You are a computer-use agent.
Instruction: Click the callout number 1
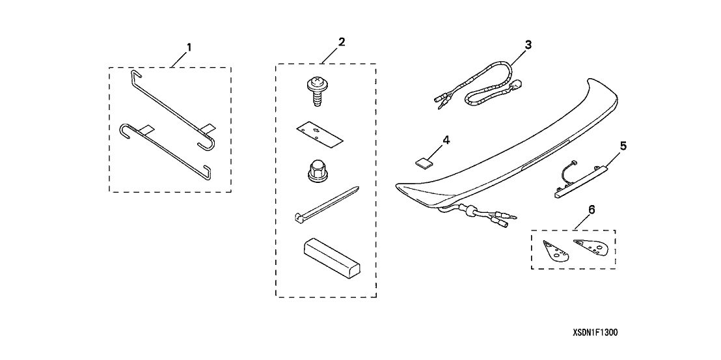pyautogui.click(x=189, y=48)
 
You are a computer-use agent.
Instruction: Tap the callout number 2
pyautogui.click(x=341, y=42)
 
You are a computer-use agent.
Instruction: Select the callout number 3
pyautogui.click(x=528, y=45)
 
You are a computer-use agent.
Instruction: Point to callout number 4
pyautogui.click(x=446, y=140)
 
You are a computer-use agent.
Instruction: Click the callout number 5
pyautogui.click(x=623, y=146)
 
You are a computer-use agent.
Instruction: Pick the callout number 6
pyautogui.click(x=592, y=210)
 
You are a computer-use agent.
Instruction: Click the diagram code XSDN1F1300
pyautogui.click(x=595, y=332)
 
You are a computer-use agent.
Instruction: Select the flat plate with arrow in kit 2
pyautogui.click(x=320, y=133)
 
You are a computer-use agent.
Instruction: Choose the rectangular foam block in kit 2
pyautogui.click(x=331, y=258)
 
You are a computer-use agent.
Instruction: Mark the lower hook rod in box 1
pyautogui.click(x=164, y=150)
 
